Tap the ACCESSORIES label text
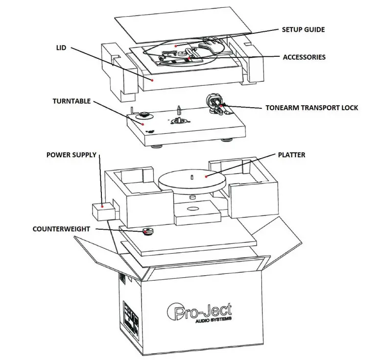tap(304, 57)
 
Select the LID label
tap(61, 48)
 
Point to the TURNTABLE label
tap(71, 101)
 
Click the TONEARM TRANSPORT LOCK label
tap(311, 107)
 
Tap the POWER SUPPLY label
tap(72, 155)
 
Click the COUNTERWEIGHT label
tap(64, 228)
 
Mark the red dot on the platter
tap(207, 176)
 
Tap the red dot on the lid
tap(153, 79)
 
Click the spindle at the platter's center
tap(192, 175)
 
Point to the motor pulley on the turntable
tap(144, 116)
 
